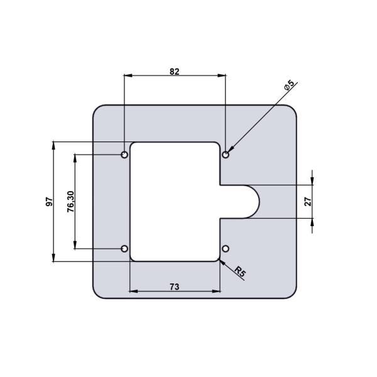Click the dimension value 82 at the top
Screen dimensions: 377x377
click(x=175, y=72)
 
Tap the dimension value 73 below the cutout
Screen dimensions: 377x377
click(x=175, y=286)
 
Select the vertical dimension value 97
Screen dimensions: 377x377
click(x=48, y=202)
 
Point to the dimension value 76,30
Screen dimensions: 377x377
click(x=70, y=202)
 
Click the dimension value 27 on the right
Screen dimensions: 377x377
click(x=308, y=202)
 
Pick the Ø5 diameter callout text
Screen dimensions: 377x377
click(x=290, y=86)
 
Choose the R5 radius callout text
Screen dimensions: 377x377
click(x=240, y=272)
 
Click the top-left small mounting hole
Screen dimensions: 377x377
click(x=125, y=154)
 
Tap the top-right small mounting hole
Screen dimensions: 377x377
click(x=226, y=154)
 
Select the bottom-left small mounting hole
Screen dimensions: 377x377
click(x=125, y=249)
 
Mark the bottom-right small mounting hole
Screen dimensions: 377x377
click(x=226, y=249)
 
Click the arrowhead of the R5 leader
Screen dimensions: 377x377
click(x=221, y=260)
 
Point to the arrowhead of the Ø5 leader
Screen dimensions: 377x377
click(x=229, y=151)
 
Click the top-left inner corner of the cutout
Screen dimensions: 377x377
click(x=132, y=145)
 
